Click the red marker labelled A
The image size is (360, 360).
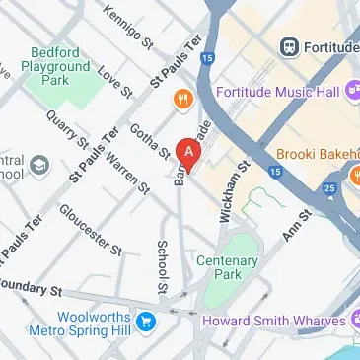click(188, 152)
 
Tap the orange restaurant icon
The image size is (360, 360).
click(181, 98)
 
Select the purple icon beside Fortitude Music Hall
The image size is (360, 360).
click(351, 93)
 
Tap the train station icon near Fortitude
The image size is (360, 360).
click(290, 45)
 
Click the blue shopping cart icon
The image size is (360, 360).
click(146, 321)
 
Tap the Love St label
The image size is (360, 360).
click(115, 82)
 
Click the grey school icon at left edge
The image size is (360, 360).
click(38, 164)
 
